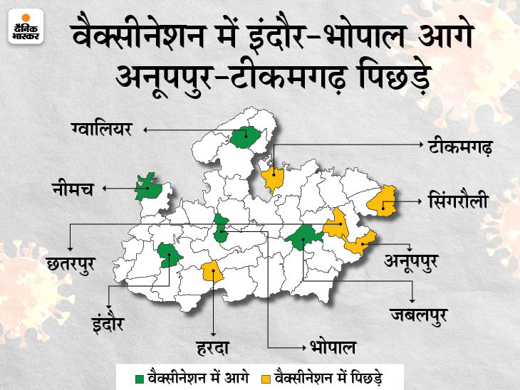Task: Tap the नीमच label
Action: (x=71, y=189)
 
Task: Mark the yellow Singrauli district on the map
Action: (x=383, y=201)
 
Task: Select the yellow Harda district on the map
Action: (x=212, y=271)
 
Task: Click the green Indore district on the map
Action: (x=169, y=254)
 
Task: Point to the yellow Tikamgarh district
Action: (x=272, y=177)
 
